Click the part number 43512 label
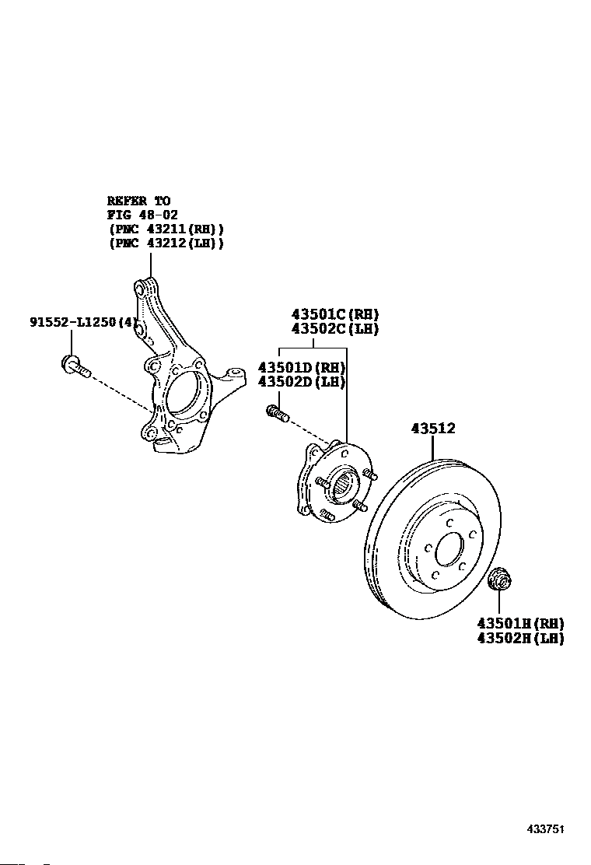[x=433, y=428]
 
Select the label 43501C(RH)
[x=335, y=314]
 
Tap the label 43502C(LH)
[x=335, y=329]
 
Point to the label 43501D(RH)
[x=302, y=368]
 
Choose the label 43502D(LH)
[x=302, y=382]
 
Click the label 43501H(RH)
[x=521, y=623]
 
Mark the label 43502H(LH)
[x=521, y=639]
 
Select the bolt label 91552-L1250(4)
[x=82, y=321]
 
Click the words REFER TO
[x=139, y=201]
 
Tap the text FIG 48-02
[x=143, y=215]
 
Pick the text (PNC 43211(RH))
[x=166, y=229]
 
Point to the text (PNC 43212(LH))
[x=166, y=243]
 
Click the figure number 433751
[x=547, y=829]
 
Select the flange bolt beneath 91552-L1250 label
[x=75, y=367]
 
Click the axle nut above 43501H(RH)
[x=500, y=578]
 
